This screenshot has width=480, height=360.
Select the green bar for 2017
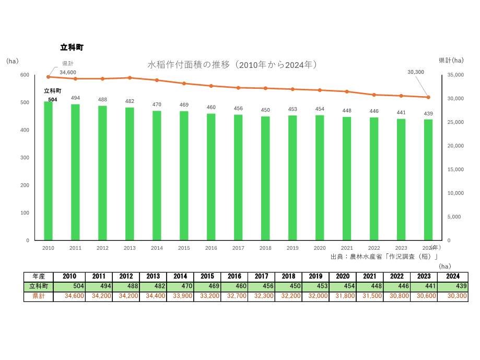[238, 177]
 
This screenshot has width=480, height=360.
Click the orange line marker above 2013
[130, 78]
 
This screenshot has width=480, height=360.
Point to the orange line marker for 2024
[428, 97]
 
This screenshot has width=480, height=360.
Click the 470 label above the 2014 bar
[157, 104]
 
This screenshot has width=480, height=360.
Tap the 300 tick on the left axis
[25, 158]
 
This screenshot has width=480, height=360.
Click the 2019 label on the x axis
[292, 248]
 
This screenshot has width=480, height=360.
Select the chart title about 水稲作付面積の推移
[233, 65]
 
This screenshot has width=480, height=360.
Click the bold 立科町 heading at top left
[72, 48]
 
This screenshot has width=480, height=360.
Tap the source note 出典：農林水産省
[384, 257]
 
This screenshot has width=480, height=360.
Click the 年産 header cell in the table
[38, 276]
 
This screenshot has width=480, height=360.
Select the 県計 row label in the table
[38, 296]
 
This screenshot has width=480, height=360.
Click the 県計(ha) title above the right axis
[451, 60]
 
